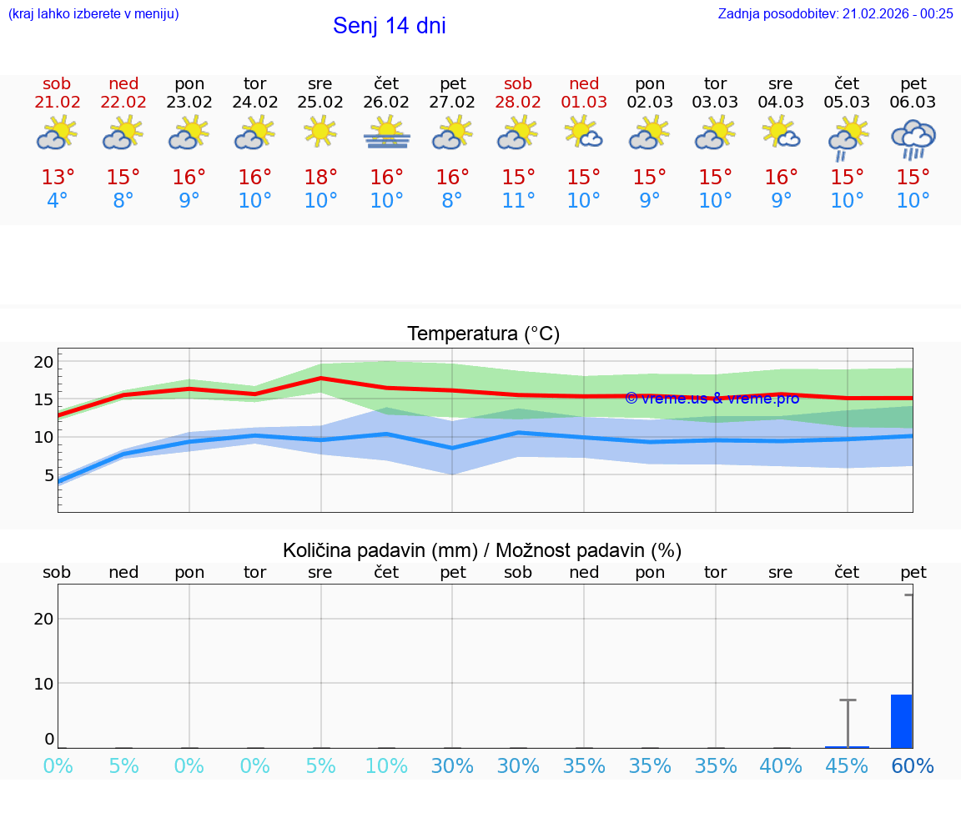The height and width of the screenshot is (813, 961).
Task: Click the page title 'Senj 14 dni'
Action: tap(390, 26)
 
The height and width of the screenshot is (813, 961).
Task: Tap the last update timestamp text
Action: tap(835, 13)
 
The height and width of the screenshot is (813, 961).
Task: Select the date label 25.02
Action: tap(320, 103)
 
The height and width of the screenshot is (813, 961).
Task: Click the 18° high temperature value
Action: tap(320, 178)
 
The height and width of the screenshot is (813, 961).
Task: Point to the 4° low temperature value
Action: tap(58, 201)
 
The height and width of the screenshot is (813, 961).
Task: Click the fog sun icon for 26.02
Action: tap(386, 133)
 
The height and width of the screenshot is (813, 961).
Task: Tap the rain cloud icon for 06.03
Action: tap(913, 138)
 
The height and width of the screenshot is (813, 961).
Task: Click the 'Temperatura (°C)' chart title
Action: tap(483, 334)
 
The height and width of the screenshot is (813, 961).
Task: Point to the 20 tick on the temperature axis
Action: tap(43, 362)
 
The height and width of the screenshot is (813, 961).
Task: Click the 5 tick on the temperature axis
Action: tap(48, 476)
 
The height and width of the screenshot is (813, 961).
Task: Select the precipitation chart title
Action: tap(482, 550)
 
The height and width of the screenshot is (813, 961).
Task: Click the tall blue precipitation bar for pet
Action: tap(901, 721)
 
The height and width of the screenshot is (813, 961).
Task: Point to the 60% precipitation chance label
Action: tap(913, 766)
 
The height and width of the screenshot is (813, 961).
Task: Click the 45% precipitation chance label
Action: tap(847, 766)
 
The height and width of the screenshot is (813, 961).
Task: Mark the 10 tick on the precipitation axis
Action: tap(43, 684)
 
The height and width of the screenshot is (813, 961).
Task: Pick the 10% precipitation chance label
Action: tap(386, 766)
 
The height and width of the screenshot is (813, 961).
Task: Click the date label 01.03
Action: tap(584, 103)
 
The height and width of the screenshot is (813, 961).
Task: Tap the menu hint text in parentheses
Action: tap(93, 13)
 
